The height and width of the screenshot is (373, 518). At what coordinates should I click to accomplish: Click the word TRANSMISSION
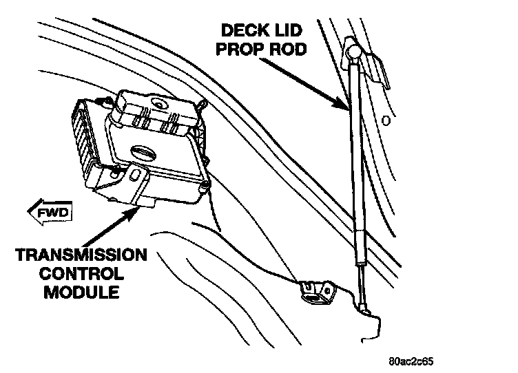coord(81,256)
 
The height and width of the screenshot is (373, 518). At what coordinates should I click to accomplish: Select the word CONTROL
coord(81,273)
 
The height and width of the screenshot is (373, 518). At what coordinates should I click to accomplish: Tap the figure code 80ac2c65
coord(411,361)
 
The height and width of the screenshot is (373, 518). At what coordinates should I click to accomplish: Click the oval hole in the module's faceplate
coord(143,150)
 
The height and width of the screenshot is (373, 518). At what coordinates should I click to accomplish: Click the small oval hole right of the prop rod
coord(385,122)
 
